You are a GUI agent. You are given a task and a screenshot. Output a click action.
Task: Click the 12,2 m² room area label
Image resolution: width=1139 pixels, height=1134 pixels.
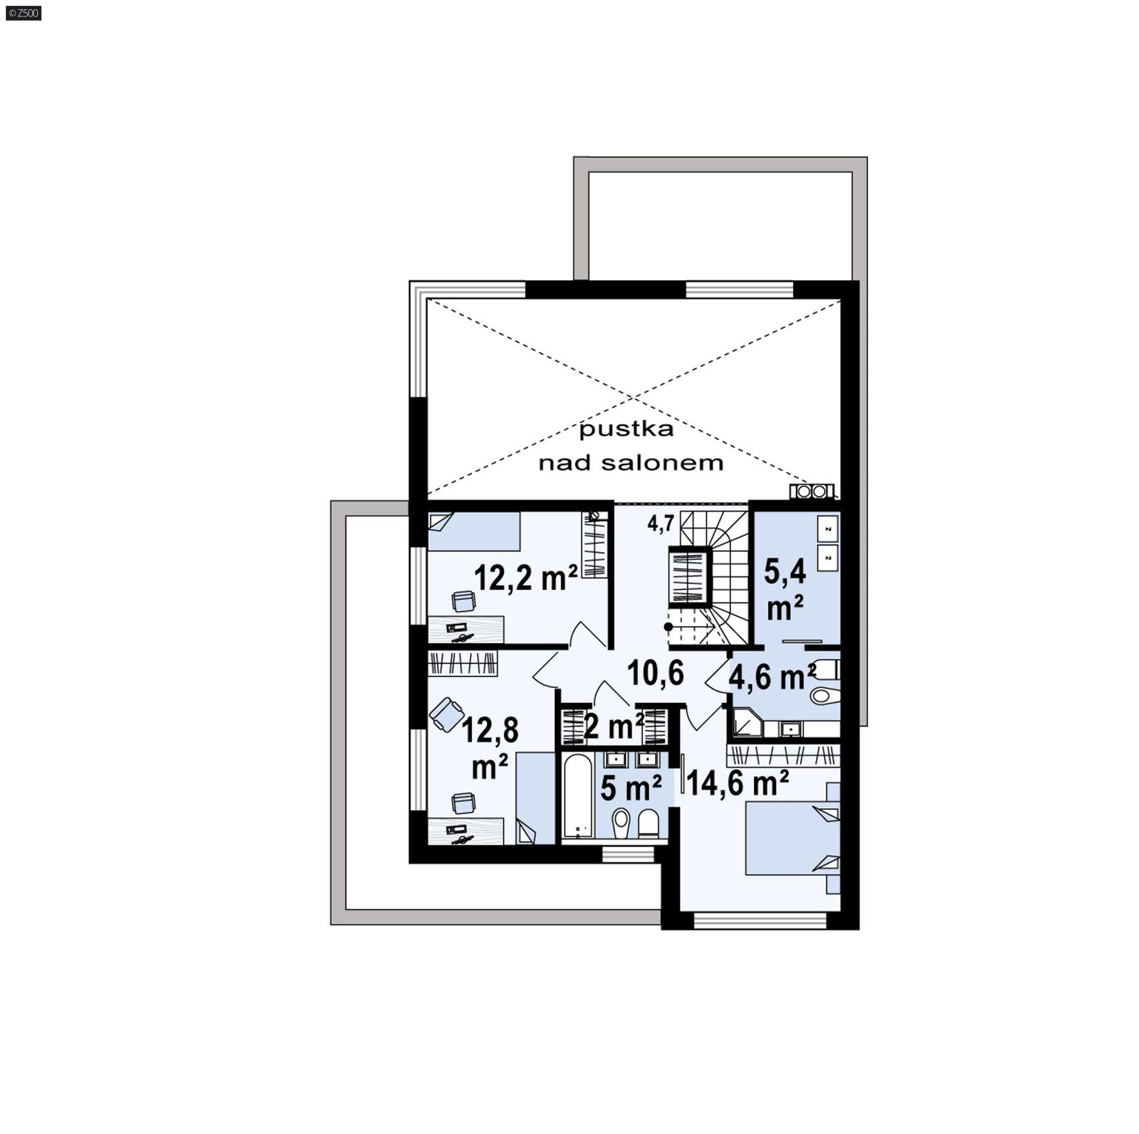(x=525, y=578)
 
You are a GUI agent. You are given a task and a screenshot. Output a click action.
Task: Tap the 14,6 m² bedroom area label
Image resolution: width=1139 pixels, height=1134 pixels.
(x=738, y=783)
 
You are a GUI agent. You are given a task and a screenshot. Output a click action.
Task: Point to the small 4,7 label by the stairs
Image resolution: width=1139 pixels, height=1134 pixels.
(x=660, y=524)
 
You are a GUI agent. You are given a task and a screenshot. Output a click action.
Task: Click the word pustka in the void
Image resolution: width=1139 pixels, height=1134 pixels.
(x=626, y=429)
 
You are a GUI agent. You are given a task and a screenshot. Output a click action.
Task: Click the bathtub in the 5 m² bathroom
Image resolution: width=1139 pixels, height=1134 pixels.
(x=576, y=795)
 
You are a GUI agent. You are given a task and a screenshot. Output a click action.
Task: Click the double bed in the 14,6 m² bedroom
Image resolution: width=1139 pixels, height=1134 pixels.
(x=792, y=838)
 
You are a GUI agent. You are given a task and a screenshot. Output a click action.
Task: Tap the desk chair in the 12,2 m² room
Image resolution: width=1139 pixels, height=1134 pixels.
(x=464, y=602)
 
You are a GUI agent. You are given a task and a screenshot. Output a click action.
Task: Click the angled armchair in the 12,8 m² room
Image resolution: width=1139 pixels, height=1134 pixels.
(x=446, y=714)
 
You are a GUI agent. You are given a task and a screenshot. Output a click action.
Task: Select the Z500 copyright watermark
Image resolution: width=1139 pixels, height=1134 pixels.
(x=23, y=13)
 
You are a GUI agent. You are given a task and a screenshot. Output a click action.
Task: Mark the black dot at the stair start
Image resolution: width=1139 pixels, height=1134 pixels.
(x=668, y=627)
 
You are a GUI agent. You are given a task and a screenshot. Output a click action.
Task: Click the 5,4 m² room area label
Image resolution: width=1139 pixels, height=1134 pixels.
(x=784, y=589)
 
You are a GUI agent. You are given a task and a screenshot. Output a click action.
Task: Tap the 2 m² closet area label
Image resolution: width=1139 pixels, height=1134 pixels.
(x=613, y=726)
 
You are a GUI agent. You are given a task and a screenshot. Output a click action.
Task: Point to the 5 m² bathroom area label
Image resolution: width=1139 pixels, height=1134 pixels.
(x=631, y=788)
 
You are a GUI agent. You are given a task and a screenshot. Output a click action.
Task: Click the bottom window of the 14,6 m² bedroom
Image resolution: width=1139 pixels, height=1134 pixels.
(x=760, y=921)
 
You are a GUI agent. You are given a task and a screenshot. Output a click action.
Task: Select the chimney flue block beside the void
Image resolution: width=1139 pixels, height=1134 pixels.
(x=812, y=491)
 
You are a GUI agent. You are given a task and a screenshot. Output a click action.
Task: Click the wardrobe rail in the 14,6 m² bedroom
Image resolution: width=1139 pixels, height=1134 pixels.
(x=783, y=756)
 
